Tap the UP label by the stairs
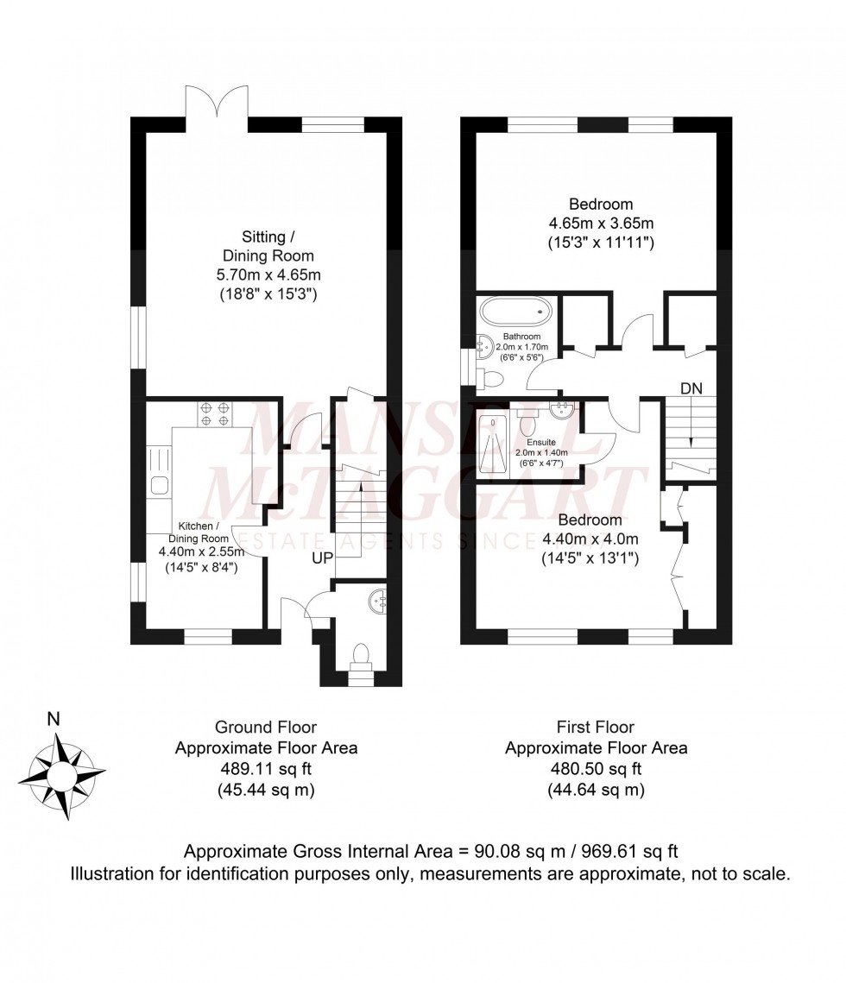tap(322, 558)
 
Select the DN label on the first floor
tap(691, 389)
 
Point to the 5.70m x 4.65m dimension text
tap(268, 275)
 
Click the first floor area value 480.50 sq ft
tap(596, 768)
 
